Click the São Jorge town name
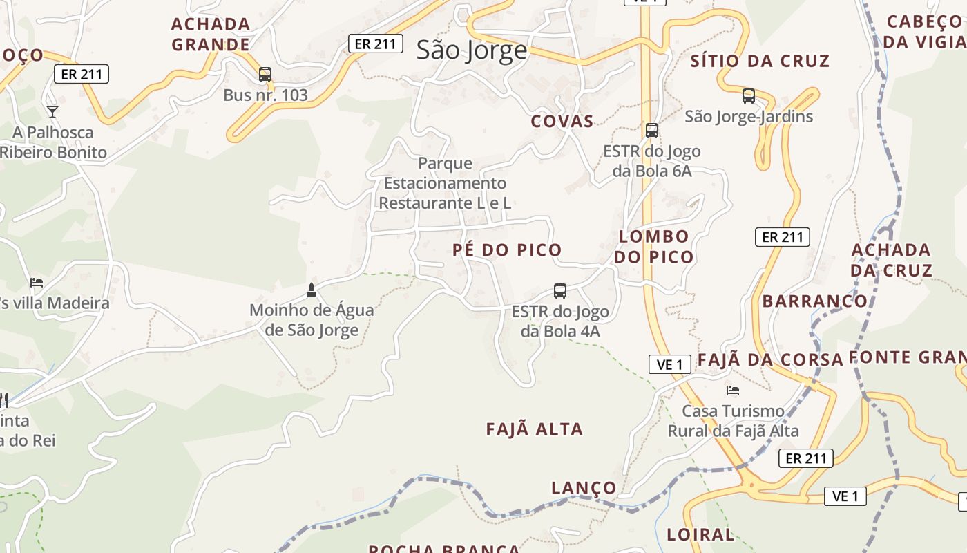472,50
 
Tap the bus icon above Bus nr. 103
265,75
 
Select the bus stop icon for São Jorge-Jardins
749,96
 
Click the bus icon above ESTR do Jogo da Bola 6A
651,131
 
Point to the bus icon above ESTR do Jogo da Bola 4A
560,291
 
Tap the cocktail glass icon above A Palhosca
52,111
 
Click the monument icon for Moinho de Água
312,290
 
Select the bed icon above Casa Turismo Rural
733,391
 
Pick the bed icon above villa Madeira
37,283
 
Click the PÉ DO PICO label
507,250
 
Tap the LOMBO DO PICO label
653,247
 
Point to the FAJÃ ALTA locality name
535,429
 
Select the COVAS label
562,122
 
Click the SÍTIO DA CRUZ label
760,61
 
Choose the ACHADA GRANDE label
211,35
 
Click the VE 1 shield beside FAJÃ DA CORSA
670,364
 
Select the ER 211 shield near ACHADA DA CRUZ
782,237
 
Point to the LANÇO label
584,488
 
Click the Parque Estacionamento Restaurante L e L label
445,183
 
